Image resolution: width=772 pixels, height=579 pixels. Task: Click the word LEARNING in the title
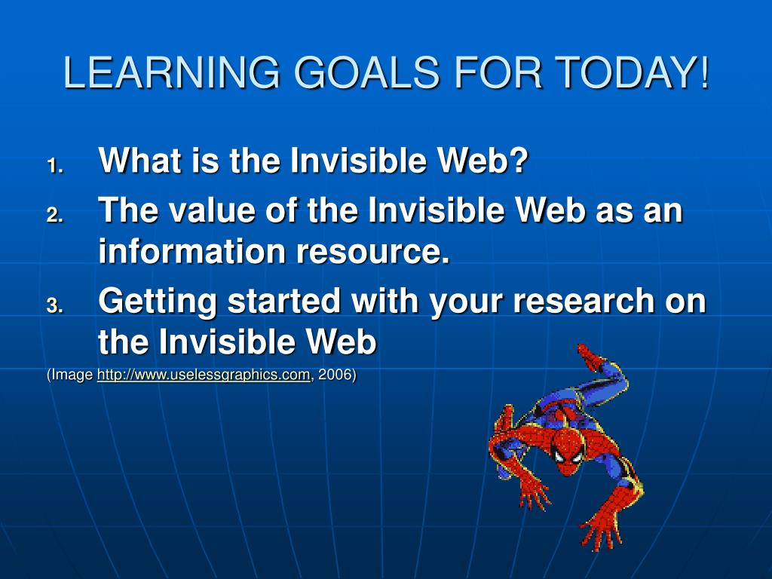tap(172, 72)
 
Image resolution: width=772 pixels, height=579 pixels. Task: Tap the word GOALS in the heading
tap(366, 72)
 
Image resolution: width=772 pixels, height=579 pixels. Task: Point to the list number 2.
tap(55, 215)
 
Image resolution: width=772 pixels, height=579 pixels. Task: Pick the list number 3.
tap(55, 305)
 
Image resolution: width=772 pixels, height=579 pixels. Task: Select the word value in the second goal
tap(212, 210)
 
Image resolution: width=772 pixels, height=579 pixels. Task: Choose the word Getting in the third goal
tap(158, 302)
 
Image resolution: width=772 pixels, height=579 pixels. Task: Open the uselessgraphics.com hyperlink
tap(204, 375)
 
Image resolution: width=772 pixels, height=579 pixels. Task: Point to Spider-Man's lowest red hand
tap(602, 532)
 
